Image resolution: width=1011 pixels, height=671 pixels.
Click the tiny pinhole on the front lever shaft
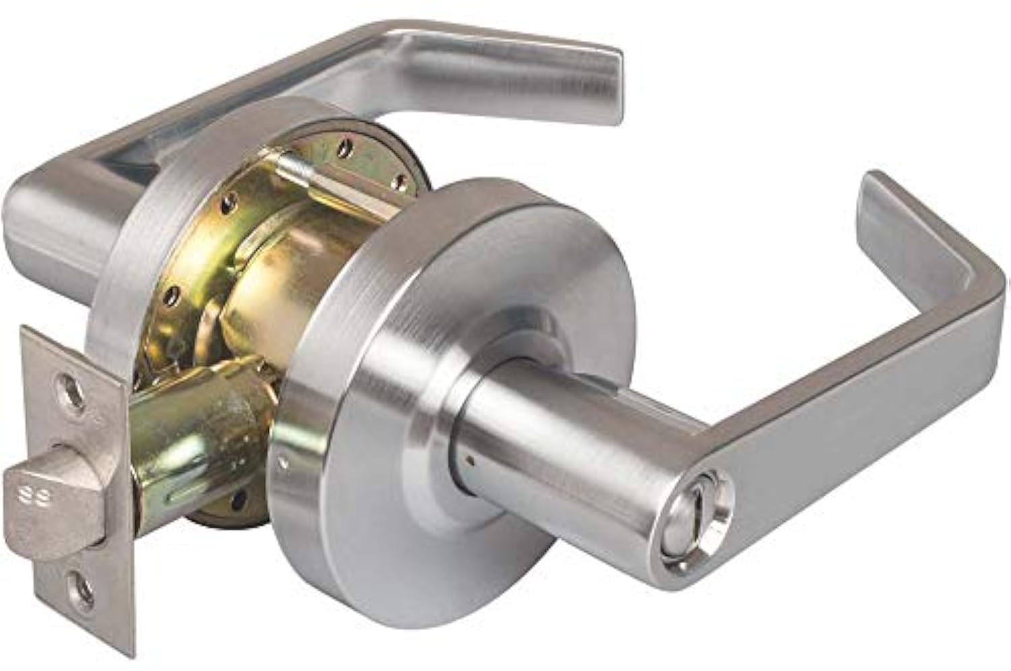pos(470,461)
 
